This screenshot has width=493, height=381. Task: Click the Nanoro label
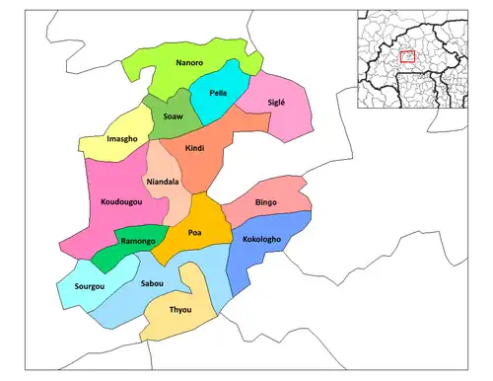coord(189,64)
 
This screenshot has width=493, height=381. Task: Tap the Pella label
coord(220,93)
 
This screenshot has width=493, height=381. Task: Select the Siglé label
coord(280,104)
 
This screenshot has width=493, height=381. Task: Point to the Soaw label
coord(172,116)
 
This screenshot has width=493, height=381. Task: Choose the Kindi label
coord(195,147)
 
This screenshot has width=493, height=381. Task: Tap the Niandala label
coord(163,183)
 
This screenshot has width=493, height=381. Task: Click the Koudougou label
coord(123,202)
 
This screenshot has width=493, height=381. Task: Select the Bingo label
coord(266,202)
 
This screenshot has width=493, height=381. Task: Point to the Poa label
coord(195,233)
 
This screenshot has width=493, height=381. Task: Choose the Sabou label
coord(152,284)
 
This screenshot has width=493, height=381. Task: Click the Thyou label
coord(179,311)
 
